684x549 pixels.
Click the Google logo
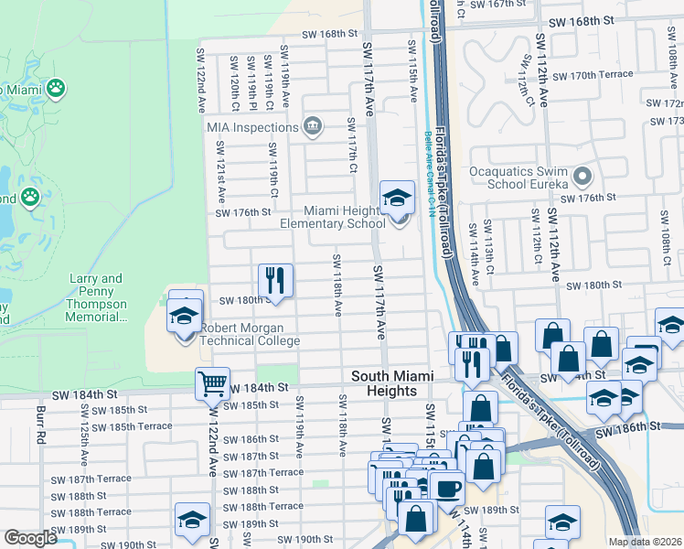click(x=30, y=538)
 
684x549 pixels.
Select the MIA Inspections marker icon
click(x=313, y=126)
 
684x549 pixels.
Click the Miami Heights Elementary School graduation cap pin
click(x=397, y=199)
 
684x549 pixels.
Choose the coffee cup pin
click(x=446, y=489)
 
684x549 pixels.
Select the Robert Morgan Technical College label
click(x=250, y=334)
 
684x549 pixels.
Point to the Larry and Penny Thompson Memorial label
click(x=97, y=297)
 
